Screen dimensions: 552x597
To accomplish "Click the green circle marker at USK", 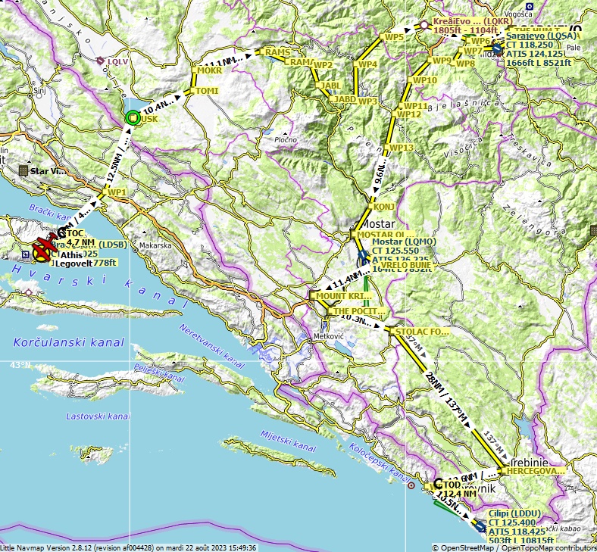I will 133,117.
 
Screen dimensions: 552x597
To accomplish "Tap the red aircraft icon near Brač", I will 43,248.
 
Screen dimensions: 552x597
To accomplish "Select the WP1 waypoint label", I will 117,192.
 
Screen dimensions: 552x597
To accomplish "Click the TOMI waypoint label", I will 207,91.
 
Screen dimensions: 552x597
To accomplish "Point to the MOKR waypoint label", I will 209,70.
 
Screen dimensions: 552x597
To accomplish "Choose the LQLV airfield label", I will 118,61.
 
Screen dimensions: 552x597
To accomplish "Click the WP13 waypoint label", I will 402,147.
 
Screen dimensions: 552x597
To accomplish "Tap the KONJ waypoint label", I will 380,206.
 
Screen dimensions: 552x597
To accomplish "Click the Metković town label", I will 330,335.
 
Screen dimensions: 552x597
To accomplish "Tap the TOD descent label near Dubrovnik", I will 452,485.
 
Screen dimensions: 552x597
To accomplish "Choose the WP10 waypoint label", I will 425,80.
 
